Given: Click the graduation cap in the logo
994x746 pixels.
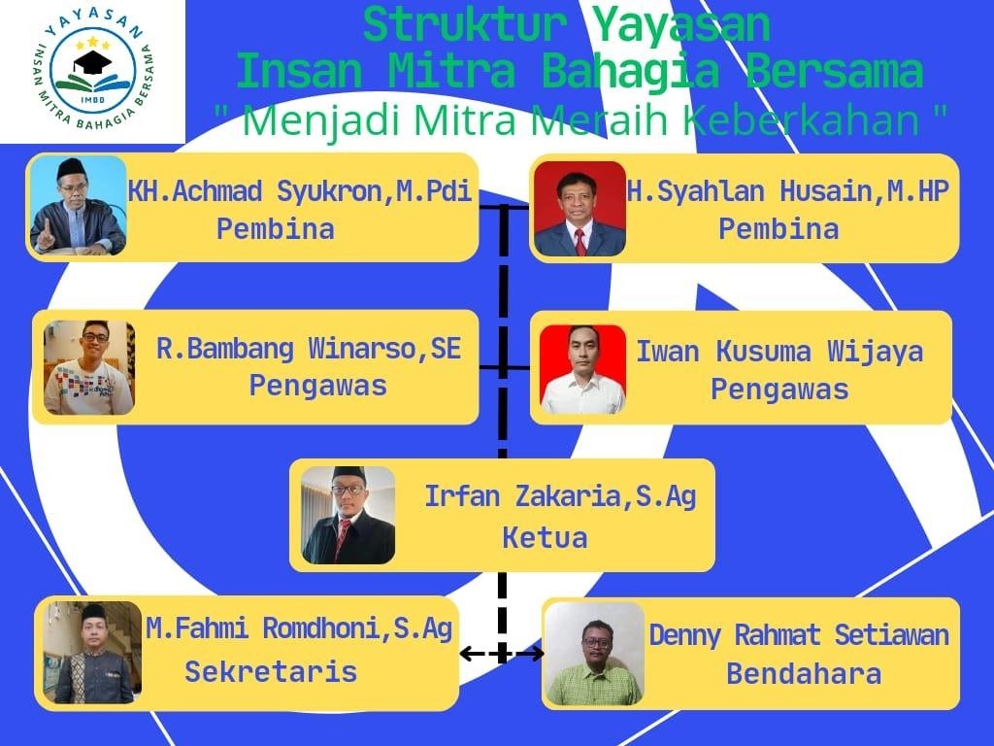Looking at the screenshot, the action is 92,62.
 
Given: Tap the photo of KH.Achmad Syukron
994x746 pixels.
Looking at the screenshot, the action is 78,206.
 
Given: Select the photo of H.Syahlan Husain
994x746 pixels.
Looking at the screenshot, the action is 580,209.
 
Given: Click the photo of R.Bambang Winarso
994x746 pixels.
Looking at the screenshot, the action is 88,368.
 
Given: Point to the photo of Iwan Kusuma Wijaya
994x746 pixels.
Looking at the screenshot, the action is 582,370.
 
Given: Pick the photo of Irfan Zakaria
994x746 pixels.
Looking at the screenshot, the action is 348,516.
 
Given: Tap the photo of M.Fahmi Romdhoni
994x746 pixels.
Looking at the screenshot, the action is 92,653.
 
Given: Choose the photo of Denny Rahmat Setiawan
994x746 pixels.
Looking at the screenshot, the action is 594,654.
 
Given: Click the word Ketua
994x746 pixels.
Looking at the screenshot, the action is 545,538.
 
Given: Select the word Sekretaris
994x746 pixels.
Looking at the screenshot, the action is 271,672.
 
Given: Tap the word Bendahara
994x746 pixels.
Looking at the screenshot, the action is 803,674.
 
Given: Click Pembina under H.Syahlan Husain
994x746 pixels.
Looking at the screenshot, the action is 779,229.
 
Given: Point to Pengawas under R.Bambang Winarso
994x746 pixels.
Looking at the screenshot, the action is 317,386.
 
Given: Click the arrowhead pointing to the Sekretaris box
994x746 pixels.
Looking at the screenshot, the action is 466,654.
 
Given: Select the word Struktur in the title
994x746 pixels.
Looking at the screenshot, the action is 465,25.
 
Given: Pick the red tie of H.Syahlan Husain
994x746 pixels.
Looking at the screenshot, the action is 580,241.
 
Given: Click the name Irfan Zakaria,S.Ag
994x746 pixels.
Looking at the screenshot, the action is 560,496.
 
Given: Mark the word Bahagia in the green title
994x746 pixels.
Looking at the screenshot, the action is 631,73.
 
